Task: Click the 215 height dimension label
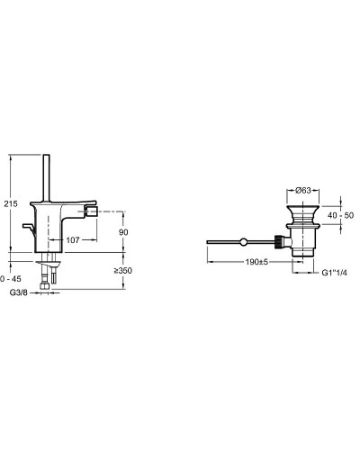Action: point(11,204)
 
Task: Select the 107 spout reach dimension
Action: point(73,240)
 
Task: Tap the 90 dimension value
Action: point(123,232)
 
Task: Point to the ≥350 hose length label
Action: point(123,271)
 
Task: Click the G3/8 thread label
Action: point(19,292)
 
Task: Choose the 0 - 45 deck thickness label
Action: point(11,279)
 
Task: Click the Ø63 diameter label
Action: point(303,190)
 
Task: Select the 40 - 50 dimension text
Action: point(340,215)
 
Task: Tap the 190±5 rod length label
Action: point(256,262)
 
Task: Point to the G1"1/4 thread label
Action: point(335,273)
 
